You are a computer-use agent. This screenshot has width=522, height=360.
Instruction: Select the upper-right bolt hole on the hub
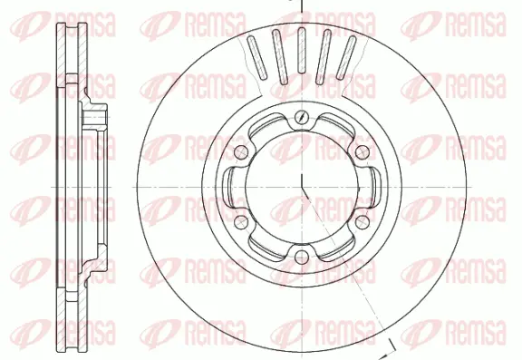click(x=360, y=151)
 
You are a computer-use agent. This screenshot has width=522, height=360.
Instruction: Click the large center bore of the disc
click(x=298, y=187)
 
